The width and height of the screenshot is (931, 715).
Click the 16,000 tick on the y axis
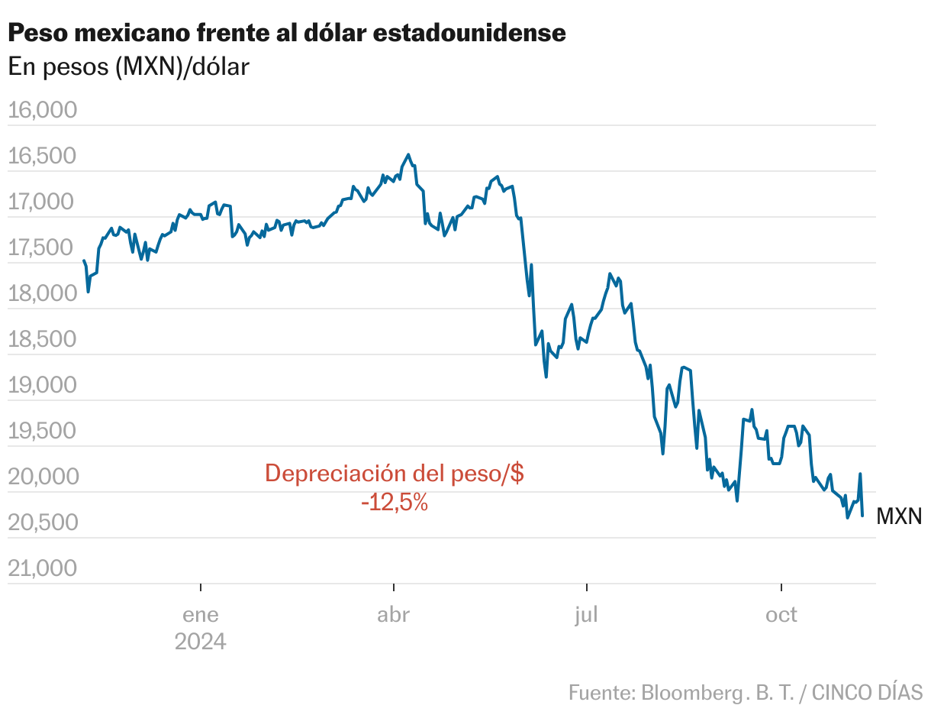(x=43, y=111)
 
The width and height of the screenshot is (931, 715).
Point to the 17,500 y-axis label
(x=43, y=248)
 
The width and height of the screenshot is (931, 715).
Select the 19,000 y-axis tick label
(x=43, y=386)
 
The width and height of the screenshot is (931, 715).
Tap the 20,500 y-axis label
(x=43, y=523)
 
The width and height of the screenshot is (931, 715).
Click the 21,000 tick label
(x=43, y=569)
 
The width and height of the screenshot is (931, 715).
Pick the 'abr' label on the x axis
(x=394, y=615)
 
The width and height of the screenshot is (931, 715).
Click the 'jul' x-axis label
(x=587, y=615)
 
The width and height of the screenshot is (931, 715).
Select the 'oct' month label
(x=781, y=615)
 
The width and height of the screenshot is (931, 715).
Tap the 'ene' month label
(x=201, y=615)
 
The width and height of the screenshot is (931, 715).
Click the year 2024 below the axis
(x=201, y=642)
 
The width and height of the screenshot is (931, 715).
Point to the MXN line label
(x=899, y=517)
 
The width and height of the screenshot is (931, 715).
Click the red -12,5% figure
(x=395, y=503)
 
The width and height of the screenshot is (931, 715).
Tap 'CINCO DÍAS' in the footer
(x=867, y=693)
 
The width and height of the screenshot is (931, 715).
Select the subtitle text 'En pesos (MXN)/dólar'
(x=128, y=67)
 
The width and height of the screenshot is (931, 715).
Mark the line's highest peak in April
(x=408, y=154)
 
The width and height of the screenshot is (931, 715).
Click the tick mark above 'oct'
(x=781, y=587)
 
